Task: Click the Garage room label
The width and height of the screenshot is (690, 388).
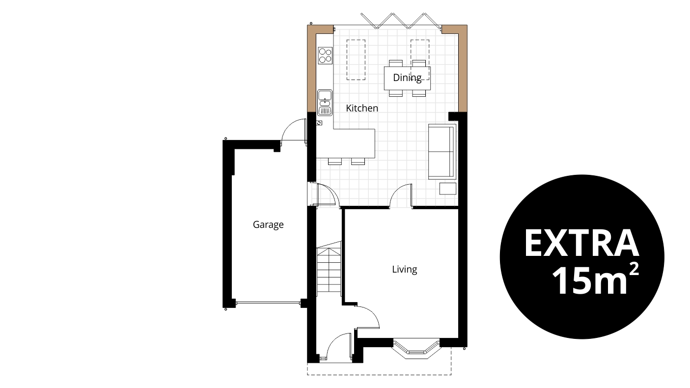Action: click(x=268, y=225)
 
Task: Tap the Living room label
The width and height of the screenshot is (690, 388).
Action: click(x=404, y=269)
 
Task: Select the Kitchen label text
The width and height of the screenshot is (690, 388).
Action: click(x=362, y=108)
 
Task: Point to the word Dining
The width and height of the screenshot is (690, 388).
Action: click(x=407, y=78)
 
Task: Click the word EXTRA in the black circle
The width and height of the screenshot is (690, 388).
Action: click(x=581, y=243)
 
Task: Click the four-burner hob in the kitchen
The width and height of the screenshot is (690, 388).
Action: click(x=325, y=55)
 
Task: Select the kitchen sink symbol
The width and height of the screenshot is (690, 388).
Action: click(x=325, y=102)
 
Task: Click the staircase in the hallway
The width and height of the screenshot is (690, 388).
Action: click(x=328, y=270)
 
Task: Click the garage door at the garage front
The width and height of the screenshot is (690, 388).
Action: click(x=268, y=303)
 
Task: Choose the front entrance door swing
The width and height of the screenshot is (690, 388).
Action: click(x=337, y=347)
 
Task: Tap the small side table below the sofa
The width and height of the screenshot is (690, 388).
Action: click(x=447, y=189)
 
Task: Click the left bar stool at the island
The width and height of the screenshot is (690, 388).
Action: click(x=334, y=161)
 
